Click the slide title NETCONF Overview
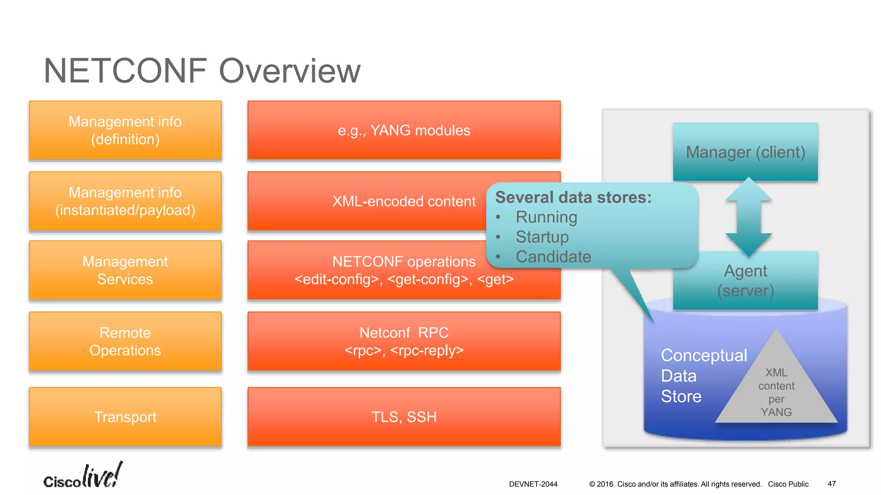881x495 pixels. [x=202, y=71]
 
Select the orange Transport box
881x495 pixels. [x=125, y=417]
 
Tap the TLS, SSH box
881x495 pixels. [x=404, y=417]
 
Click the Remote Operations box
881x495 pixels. [x=125, y=342]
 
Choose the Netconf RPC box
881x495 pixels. [x=404, y=342]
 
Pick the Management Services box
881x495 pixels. [x=125, y=270]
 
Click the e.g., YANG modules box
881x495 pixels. [x=404, y=131]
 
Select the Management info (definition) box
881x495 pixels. [x=125, y=131]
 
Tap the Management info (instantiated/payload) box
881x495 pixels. [x=125, y=201]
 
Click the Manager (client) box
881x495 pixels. [x=745, y=152]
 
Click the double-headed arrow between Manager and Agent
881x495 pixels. [x=749, y=217]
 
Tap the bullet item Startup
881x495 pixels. [x=542, y=237]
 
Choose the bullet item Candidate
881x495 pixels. [x=553, y=257]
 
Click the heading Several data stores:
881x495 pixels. [x=573, y=198]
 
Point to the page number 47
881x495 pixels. [x=832, y=484]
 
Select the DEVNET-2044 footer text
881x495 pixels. [x=533, y=484]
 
